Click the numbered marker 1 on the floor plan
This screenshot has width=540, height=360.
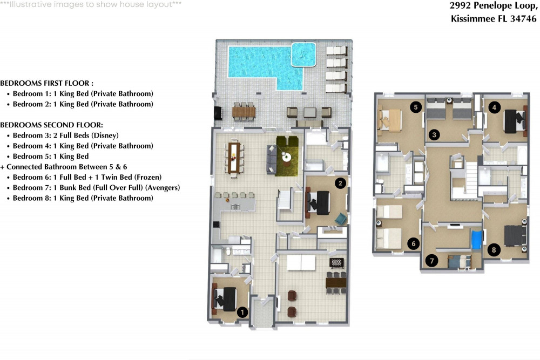pyautogui.click(x=242, y=312)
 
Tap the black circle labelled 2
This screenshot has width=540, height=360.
pyautogui.click(x=340, y=183)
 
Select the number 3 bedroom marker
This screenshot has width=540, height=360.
pyautogui.click(x=434, y=134)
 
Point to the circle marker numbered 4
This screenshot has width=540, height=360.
pyautogui.click(x=494, y=107)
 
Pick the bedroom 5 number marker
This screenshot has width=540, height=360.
pyautogui.click(x=416, y=107)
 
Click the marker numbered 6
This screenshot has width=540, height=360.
pyautogui.click(x=413, y=243)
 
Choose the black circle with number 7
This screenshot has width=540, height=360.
pyautogui.click(x=432, y=261)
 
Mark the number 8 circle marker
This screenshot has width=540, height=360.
pyautogui.click(x=494, y=250)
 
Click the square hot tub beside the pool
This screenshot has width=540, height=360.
pyautogui.click(x=303, y=55)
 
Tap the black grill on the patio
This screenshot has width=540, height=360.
pyautogui.click(x=218, y=113)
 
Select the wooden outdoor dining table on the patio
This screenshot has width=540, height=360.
pyautogui.click(x=244, y=112)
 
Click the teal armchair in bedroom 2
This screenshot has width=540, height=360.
pyautogui.click(x=341, y=219)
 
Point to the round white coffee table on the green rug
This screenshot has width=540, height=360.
pyautogui.click(x=287, y=157)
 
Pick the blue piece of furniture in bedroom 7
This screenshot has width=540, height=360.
pyautogui.click(x=477, y=240)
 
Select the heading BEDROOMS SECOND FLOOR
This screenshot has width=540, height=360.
pyautogui.click(x=52, y=125)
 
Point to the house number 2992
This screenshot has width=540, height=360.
pyautogui.click(x=460, y=5)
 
